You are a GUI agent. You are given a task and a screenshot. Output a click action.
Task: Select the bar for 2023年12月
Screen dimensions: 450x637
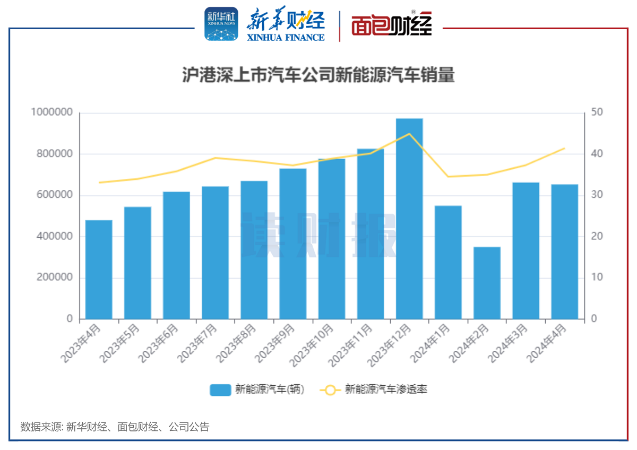point(409,219)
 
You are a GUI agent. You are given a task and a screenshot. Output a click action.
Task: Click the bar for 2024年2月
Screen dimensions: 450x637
point(487,283)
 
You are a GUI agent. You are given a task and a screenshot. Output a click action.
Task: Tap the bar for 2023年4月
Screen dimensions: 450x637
point(99,270)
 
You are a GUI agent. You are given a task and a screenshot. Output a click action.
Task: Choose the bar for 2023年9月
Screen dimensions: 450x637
point(293,244)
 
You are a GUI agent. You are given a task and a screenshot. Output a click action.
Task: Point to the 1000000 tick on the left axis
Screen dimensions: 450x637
point(51,112)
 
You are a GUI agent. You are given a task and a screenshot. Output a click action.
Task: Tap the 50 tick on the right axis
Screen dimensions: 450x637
point(596,112)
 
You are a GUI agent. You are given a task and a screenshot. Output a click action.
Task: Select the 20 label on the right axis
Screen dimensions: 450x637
point(596,237)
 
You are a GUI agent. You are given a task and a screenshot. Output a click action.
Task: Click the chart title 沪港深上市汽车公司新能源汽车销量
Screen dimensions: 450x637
point(318,75)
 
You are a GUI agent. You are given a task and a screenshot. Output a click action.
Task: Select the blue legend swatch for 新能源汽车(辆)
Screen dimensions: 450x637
point(220,390)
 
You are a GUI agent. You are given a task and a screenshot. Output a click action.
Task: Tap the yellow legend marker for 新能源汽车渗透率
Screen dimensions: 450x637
point(330,390)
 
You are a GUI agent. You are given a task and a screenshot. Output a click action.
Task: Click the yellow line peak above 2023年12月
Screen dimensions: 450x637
point(409,134)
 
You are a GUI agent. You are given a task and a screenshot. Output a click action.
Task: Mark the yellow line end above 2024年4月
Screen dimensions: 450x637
point(564,149)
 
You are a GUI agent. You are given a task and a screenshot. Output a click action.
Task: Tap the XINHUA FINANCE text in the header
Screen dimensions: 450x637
point(286,37)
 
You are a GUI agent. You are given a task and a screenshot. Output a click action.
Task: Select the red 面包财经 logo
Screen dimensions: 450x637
point(391,24)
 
